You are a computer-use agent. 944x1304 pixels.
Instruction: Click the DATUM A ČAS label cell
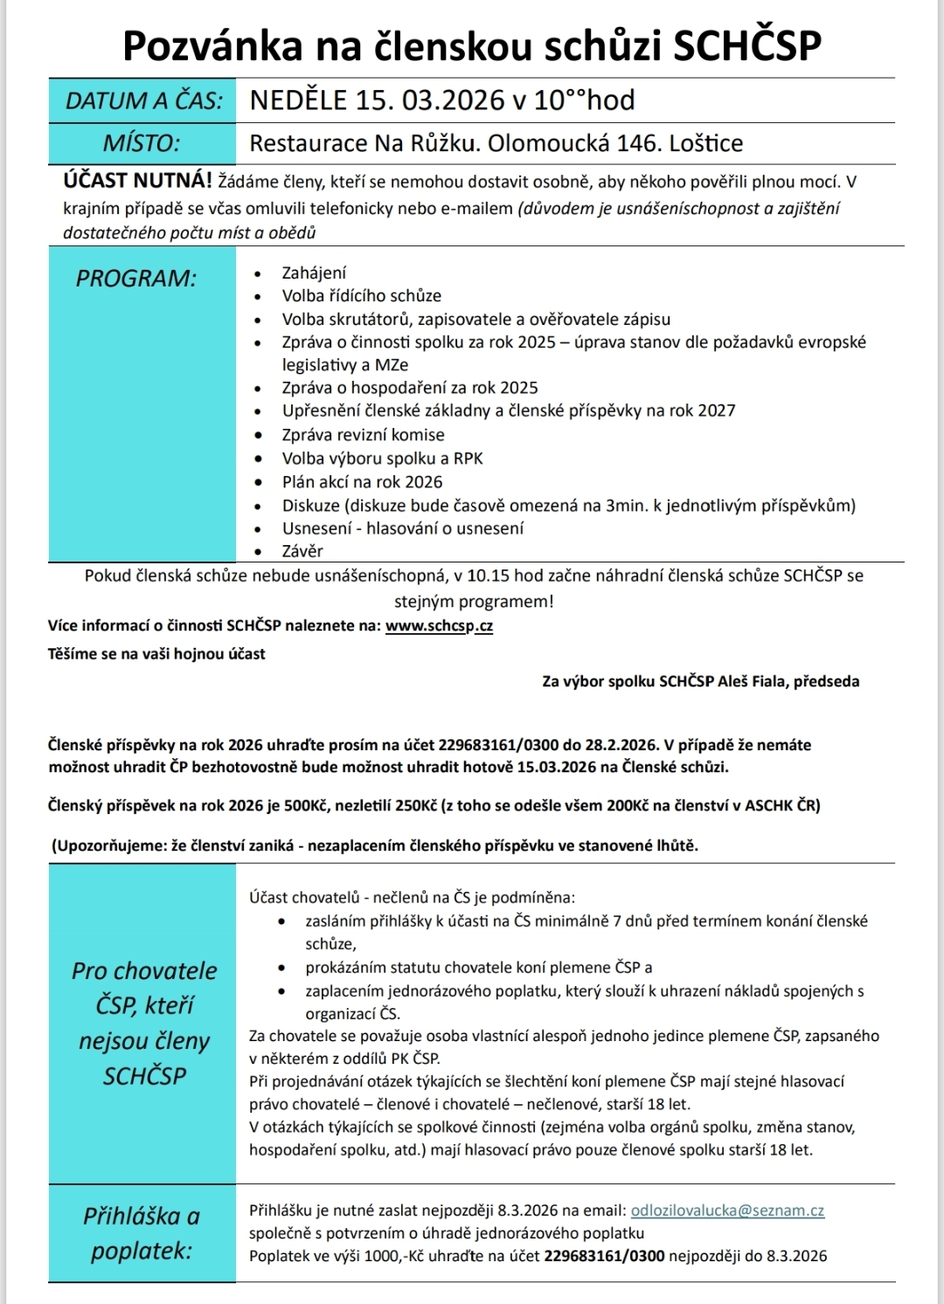pyautogui.click(x=143, y=100)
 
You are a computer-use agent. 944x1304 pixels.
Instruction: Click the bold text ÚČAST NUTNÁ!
pyautogui.click(x=137, y=182)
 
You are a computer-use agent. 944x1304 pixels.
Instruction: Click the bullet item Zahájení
pyautogui.click(x=314, y=273)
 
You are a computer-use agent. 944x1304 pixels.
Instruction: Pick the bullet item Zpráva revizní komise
pyautogui.click(x=363, y=435)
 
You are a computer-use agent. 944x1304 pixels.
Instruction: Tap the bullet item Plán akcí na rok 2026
pyautogui.click(x=362, y=482)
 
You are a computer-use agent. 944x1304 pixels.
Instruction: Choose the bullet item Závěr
pyautogui.click(x=302, y=551)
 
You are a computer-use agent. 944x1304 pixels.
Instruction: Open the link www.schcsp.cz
pyautogui.click(x=439, y=626)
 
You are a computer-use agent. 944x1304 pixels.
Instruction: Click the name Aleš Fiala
pyautogui.click(x=752, y=681)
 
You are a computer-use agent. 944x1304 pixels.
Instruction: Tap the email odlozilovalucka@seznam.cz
pyautogui.click(x=727, y=1211)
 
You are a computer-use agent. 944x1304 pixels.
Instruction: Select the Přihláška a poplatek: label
pyautogui.click(x=142, y=1233)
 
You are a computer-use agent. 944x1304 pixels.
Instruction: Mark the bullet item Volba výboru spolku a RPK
pyautogui.click(x=382, y=459)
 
